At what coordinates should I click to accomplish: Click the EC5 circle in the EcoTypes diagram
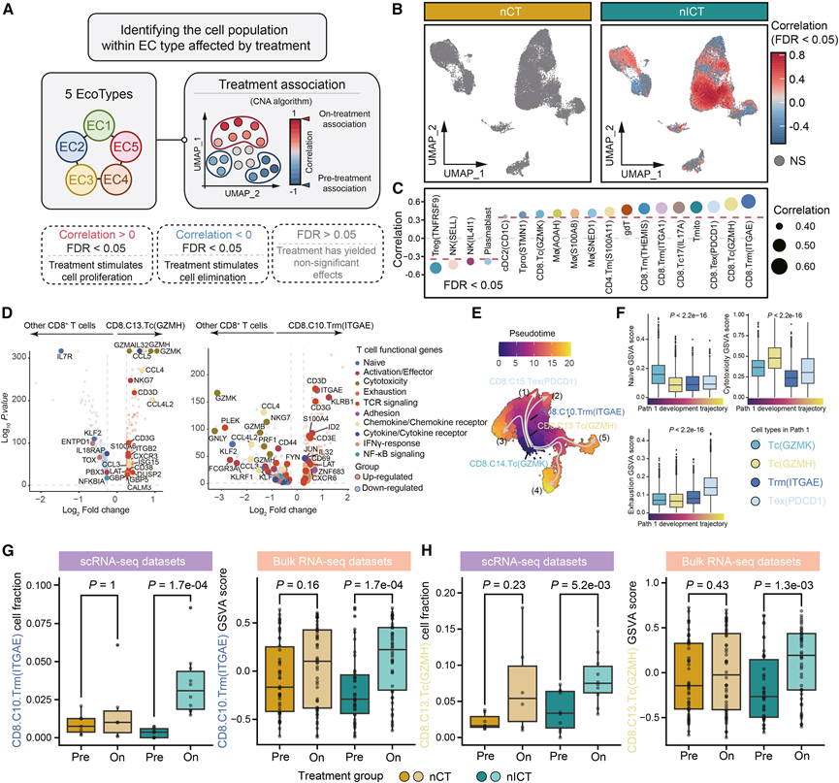(x=130, y=148)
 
